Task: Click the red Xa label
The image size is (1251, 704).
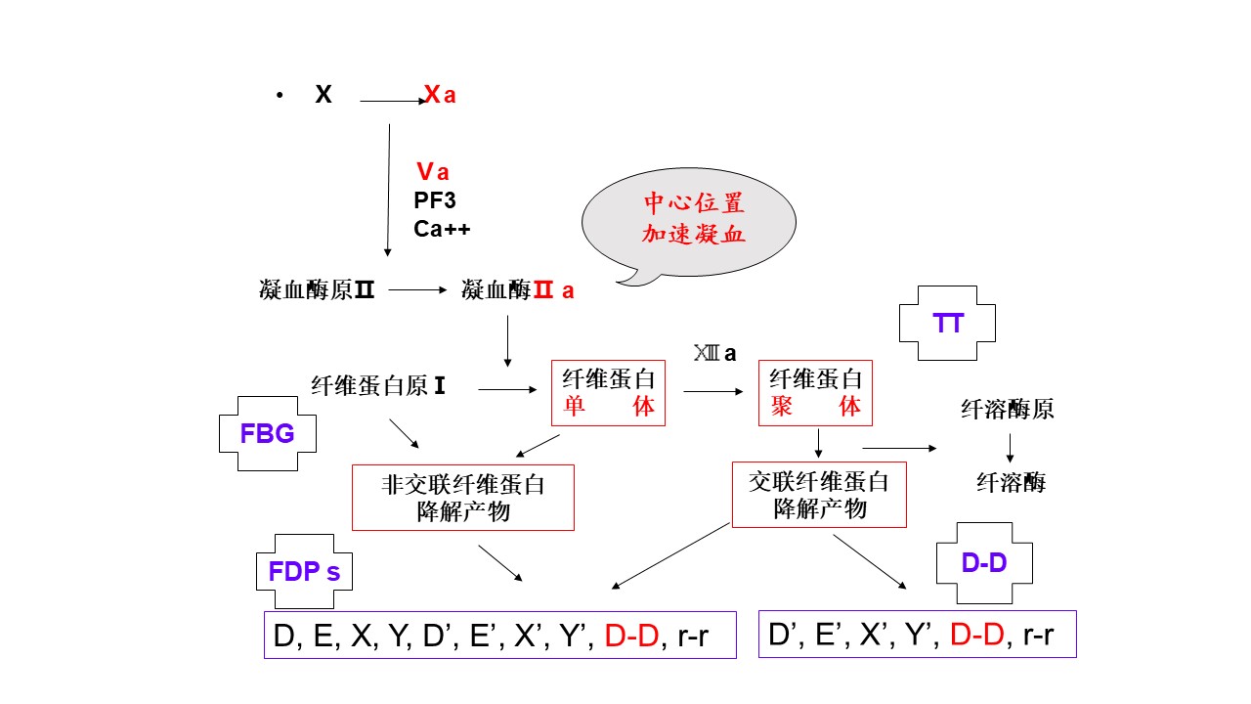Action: [x=440, y=95]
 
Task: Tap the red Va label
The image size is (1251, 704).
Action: [x=432, y=172]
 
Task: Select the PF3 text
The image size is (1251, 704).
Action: [x=435, y=200]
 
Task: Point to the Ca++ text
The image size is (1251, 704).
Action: [x=443, y=229]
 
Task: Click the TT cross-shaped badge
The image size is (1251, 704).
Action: [x=947, y=324]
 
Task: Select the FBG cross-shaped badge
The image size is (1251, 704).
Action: [x=267, y=433]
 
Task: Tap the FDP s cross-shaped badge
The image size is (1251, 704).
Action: [x=304, y=571]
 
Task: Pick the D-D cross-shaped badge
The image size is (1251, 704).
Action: [x=984, y=563]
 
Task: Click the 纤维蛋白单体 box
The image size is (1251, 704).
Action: [x=608, y=393]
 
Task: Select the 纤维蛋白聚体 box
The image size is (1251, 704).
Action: [x=816, y=393]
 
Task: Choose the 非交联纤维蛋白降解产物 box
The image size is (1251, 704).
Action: [x=462, y=498]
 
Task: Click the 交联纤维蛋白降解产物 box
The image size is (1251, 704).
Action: [x=819, y=495]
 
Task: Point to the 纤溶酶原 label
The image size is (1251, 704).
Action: [x=1008, y=409]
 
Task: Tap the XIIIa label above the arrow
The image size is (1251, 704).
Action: [x=714, y=354]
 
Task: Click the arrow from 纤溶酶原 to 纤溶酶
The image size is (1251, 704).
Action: [x=1010, y=447]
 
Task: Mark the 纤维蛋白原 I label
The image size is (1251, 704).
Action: [x=378, y=386]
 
